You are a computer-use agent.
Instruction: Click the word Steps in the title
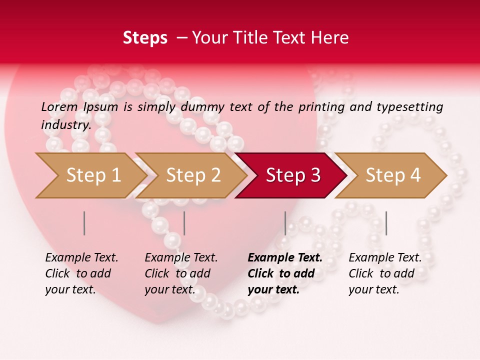point(145,38)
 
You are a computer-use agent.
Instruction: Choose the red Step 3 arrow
point(293,175)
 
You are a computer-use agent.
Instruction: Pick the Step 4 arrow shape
point(393,175)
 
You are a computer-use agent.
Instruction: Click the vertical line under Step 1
point(84,223)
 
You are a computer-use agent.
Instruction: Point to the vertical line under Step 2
point(184,223)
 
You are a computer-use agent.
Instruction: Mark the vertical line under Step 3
point(285,223)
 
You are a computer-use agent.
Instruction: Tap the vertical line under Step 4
point(386,223)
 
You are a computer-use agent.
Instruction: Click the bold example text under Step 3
point(284,273)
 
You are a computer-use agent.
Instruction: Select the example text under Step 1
point(81,273)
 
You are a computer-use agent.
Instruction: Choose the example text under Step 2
point(181,273)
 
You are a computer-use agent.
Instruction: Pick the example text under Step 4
point(385,273)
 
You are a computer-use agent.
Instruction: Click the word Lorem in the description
point(59,107)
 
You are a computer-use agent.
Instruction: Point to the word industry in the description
point(65,125)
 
